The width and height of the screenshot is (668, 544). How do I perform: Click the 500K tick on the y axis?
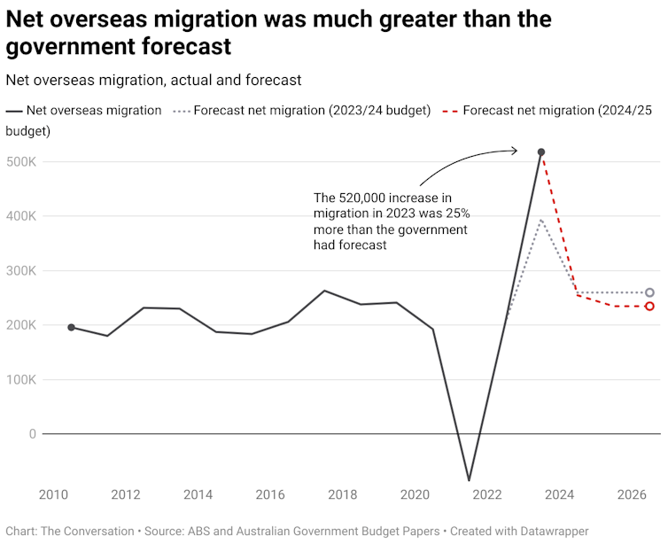pyautogui.click(x=20, y=162)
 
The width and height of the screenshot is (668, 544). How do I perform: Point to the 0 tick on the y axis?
pyautogui.click(x=31, y=434)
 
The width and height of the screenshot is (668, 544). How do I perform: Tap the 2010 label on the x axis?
pyautogui.click(x=53, y=493)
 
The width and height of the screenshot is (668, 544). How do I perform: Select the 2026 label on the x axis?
pyautogui.click(x=632, y=493)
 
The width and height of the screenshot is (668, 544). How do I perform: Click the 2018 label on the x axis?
pyautogui.click(x=343, y=493)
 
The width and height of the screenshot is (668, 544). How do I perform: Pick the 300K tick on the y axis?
pyautogui.click(x=20, y=271)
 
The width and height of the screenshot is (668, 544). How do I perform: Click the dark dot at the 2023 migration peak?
pyautogui.click(x=541, y=152)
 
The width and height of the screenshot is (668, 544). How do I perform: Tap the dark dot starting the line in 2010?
pyautogui.click(x=71, y=328)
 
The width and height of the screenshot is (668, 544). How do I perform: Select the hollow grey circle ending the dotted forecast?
pyautogui.click(x=649, y=292)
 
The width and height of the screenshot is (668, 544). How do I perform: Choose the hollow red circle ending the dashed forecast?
pyautogui.click(x=649, y=307)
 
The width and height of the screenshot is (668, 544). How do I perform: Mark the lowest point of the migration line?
pyautogui.click(x=469, y=480)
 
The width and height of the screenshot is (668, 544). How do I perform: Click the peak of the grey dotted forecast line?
pyautogui.click(x=541, y=219)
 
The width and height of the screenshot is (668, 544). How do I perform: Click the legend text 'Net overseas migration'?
pyautogui.click(x=94, y=111)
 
